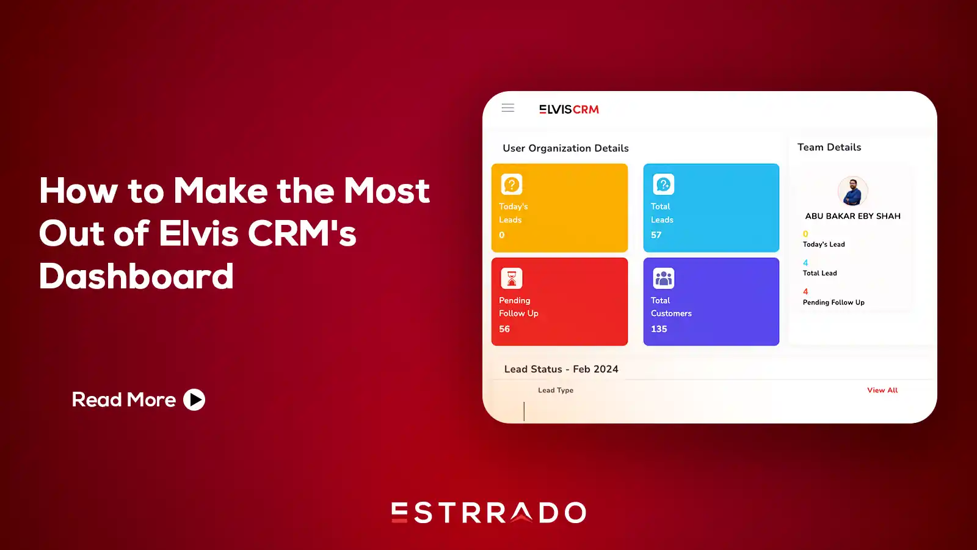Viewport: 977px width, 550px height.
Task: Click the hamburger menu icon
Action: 507,108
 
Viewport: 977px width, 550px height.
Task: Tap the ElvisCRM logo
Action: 568,109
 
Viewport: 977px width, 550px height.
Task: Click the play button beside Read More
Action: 194,400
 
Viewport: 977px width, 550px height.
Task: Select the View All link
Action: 882,391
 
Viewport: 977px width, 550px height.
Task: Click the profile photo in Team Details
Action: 852,191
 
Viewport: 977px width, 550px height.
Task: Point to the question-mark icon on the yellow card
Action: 512,184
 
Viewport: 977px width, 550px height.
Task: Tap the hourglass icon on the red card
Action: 512,278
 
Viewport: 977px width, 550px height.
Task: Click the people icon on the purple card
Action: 663,278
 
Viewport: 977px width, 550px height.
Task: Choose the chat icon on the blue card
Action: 663,184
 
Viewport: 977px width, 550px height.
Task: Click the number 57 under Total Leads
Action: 656,235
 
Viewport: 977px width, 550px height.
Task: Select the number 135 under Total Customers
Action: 659,329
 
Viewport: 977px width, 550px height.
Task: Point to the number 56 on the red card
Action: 504,329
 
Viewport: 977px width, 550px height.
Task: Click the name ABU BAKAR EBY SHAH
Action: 852,216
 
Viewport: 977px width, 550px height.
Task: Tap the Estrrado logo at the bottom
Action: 488,513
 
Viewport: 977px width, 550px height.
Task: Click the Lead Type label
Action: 556,391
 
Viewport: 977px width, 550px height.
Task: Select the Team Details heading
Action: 829,147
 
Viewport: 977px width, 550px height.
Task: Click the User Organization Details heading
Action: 565,148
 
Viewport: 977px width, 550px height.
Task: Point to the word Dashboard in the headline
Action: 136,276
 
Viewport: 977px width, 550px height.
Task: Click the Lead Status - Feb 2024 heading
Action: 561,369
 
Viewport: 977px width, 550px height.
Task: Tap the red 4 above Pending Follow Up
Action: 805,291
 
